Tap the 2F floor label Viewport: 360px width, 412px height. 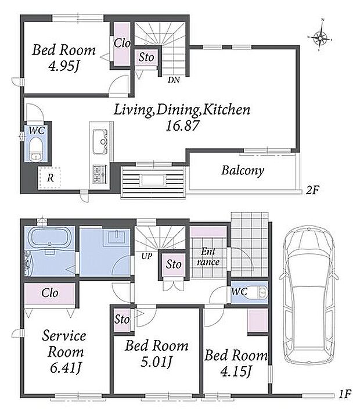(x=312, y=189)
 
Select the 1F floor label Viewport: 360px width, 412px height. (x=344, y=394)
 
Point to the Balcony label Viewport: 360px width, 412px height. (x=243, y=170)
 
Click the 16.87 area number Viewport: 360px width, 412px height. (x=183, y=126)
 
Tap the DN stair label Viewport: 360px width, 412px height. (x=174, y=80)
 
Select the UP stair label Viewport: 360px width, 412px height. (x=147, y=256)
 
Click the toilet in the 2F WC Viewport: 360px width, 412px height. (x=35, y=149)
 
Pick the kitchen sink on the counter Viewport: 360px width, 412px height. (x=100, y=142)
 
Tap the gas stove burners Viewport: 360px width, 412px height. (x=99, y=174)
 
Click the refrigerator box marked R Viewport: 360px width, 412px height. (x=49, y=178)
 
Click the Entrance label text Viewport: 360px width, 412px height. (x=208, y=257)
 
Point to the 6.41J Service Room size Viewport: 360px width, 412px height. (x=65, y=368)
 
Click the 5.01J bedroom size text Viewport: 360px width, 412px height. (x=156, y=362)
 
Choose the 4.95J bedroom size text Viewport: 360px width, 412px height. (x=64, y=66)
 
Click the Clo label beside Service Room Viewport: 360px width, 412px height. (x=49, y=293)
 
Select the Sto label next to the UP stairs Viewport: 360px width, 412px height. (x=174, y=264)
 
